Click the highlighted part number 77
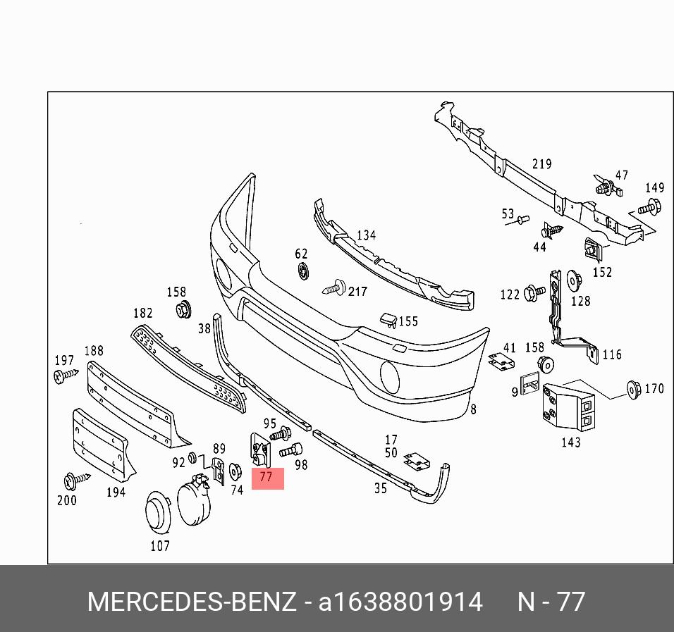tap(266, 478)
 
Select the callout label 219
tap(541, 164)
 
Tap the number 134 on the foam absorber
tap(366, 235)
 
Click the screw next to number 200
tap(73, 481)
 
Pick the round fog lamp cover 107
tap(158, 512)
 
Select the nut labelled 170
tap(632, 389)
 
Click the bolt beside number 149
tap(649, 207)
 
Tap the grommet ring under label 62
tap(302, 271)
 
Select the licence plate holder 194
tap(99, 444)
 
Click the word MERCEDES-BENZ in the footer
tap(192, 602)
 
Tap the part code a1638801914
tap(400, 602)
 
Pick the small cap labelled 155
tap(388, 322)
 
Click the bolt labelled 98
tap(290, 449)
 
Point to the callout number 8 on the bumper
tap(473, 409)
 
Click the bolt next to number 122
tap(535, 291)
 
